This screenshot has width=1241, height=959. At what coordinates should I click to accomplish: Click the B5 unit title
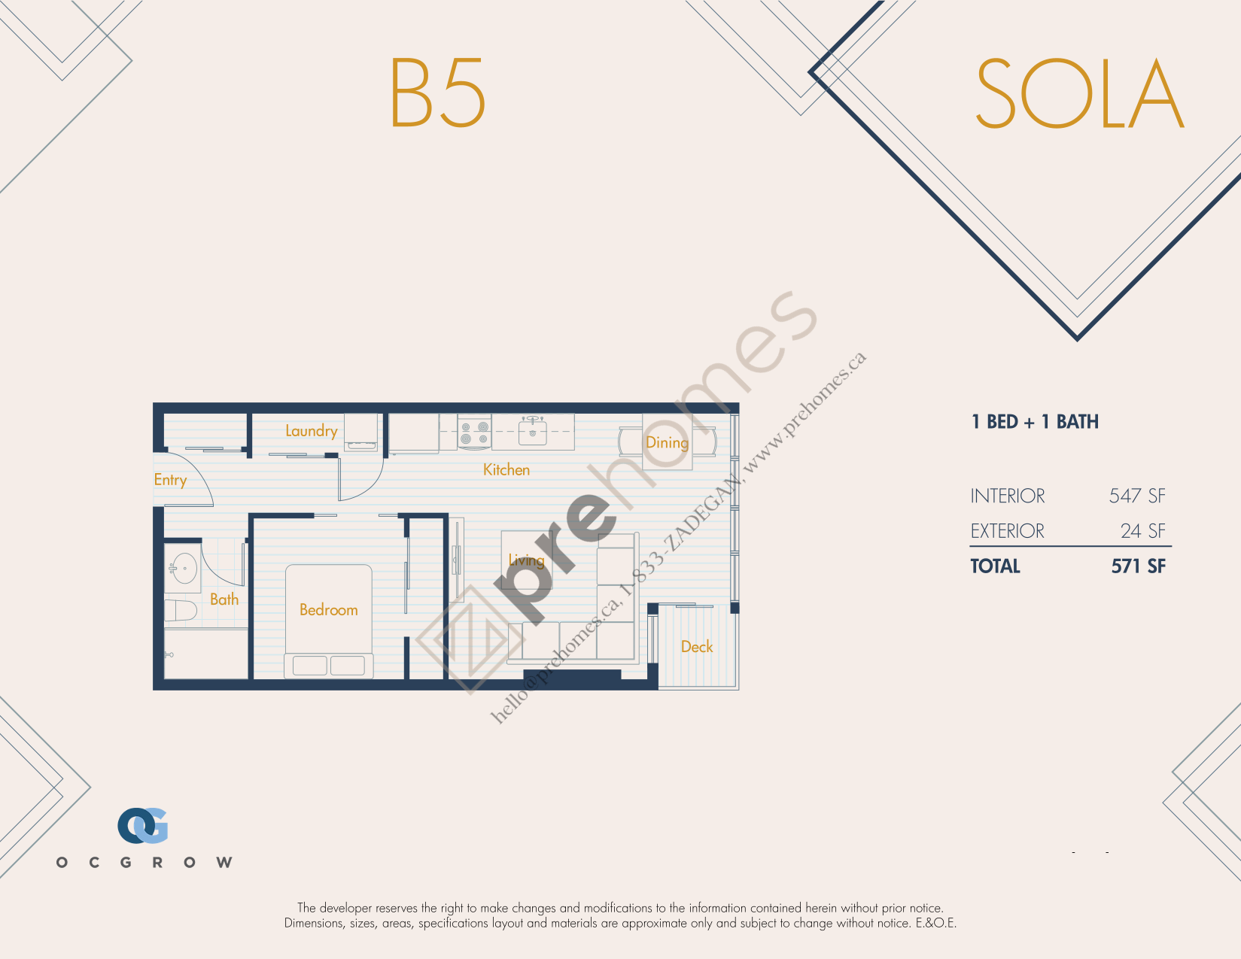(x=437, y=93)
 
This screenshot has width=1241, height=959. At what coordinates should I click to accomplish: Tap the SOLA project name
(x=1079, y=93)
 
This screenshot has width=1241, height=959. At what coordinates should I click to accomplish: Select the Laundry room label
(x=312, y=431)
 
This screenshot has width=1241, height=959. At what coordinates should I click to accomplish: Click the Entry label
(x=170, y=480)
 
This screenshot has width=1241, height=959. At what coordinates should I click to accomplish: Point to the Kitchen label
(x=506, y=469)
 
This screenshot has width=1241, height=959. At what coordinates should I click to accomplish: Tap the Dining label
(x=667, y=443)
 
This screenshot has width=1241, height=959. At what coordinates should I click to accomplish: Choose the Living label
(x=526, y=560)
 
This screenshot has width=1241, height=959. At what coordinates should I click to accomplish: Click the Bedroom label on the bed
(x=328, y=610)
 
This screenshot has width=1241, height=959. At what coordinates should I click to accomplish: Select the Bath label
(x=224, y=599)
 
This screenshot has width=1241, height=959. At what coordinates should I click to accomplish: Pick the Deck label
(x=697, y=646)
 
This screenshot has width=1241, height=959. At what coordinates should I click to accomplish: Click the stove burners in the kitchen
(x=475, y=432)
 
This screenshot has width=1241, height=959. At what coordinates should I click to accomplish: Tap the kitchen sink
(x=532, y=431)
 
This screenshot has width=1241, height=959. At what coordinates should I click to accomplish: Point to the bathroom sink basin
(x=184, y=568)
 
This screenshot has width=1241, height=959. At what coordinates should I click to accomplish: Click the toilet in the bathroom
(x=181, y=611)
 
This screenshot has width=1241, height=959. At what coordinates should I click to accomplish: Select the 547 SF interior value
(x=1137, y=496)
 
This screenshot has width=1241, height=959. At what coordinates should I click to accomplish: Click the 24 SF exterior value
(x=1142, y=531)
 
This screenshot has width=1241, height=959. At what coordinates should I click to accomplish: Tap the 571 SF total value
(x=1138, y=566)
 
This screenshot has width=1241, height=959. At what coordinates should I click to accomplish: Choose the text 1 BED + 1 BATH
(x=1035, y=422)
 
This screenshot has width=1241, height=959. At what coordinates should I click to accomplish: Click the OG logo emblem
(x=143, y=825)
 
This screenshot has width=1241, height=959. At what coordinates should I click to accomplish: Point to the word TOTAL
(x=995, y=566)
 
